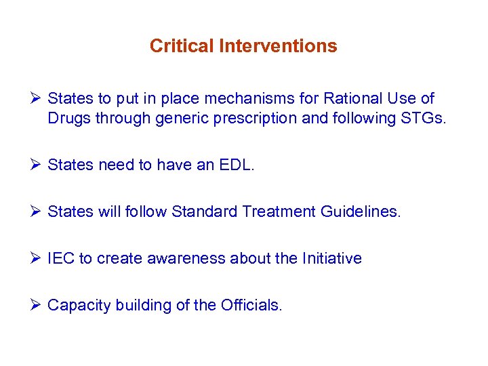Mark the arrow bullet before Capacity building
(37, 306)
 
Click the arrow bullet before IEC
(37, 259)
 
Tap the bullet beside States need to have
(37, 165)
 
